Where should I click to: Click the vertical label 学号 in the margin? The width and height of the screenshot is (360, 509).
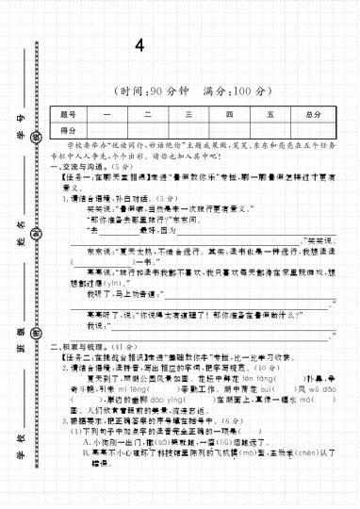point(19,118)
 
